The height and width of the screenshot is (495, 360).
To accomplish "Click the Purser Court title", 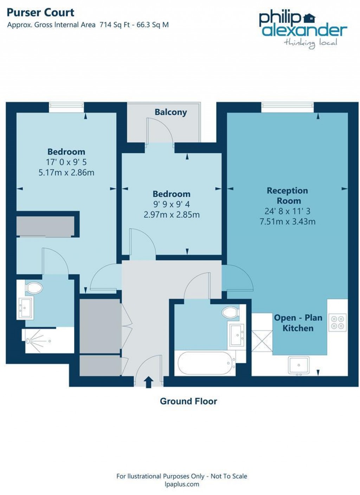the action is (40, 13).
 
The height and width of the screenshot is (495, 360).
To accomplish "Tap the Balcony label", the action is (171, 112).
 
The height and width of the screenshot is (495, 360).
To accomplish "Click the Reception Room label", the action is (287, 196).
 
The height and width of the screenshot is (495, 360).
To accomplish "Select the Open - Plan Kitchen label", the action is (298, 323).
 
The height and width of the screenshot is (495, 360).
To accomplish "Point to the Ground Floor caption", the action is (188, 401).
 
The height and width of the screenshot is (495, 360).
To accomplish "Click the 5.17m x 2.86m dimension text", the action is (66, 173).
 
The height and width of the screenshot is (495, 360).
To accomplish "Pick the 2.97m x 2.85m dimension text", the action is (172, 215).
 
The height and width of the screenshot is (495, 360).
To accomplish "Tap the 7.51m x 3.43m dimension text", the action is (287, 221).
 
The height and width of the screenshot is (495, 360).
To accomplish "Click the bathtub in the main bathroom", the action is (205, 363).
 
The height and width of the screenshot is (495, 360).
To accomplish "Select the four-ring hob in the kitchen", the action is (337, 322).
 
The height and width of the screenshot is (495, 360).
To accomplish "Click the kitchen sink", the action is (298, 365).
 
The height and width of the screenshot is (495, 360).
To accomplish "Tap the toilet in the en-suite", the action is (34, 288).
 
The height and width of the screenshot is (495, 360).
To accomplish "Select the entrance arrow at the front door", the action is (149, 382).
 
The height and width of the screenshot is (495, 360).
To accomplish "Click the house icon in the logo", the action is (309, 18).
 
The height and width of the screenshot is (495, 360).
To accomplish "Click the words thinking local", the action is (311, 43).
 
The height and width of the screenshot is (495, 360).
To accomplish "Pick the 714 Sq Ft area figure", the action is (114, 25).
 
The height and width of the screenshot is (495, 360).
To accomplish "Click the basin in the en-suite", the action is (25, 308).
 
